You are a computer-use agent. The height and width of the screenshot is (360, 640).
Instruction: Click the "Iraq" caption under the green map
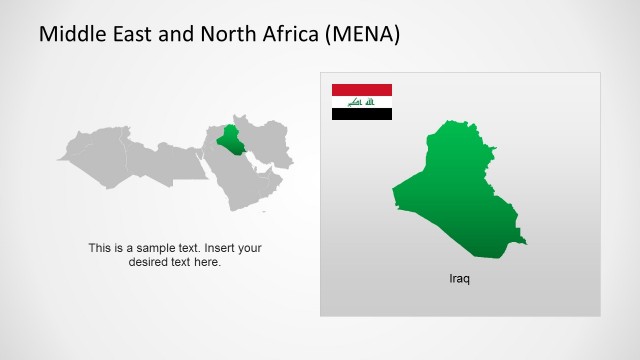point(459,278)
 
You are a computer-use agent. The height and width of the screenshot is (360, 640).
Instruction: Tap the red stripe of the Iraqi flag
point(362,90)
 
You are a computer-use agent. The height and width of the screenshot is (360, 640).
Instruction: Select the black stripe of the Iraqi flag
point(362,113)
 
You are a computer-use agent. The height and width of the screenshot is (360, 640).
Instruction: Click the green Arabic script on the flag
point(361,102)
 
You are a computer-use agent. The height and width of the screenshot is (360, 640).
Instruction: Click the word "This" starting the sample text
point(100,248)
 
